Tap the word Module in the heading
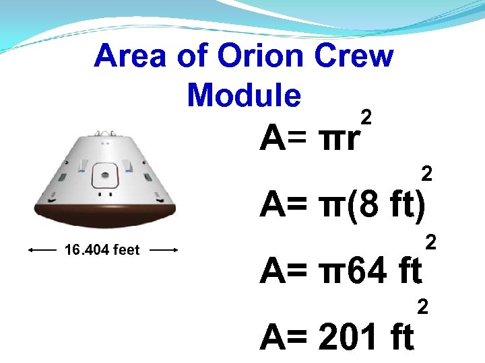(244, 95)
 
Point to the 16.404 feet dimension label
(102, 250)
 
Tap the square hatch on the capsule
(104, 176)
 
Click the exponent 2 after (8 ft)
(426, 174)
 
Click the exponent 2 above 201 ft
(423, 307)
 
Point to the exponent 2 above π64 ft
(432, 241)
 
